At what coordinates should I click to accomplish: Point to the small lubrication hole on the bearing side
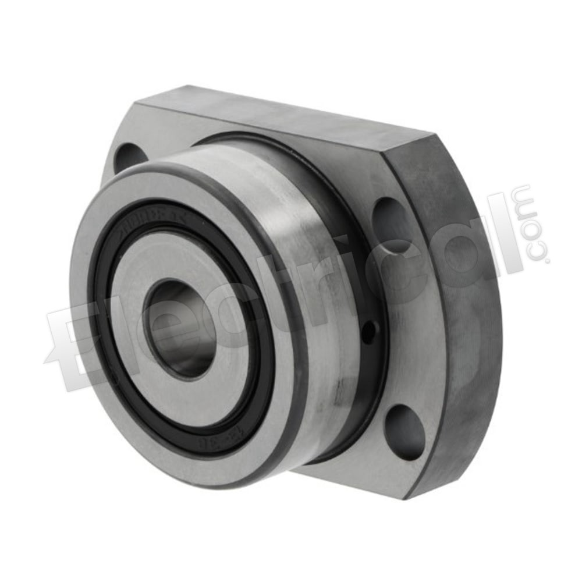point(368,332)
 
